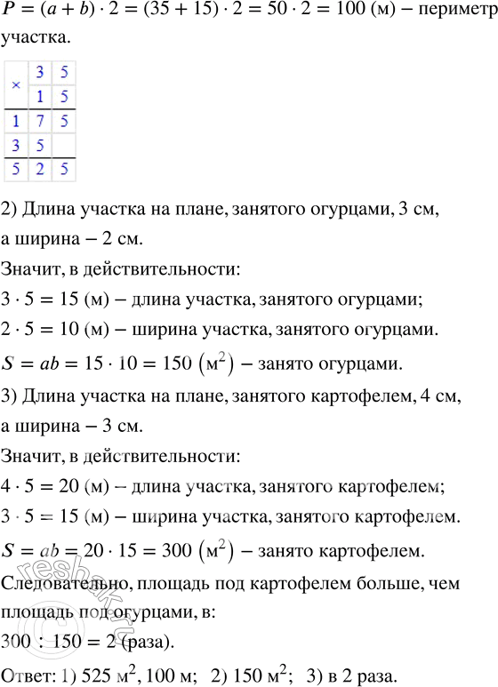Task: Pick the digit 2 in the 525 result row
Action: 39,167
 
